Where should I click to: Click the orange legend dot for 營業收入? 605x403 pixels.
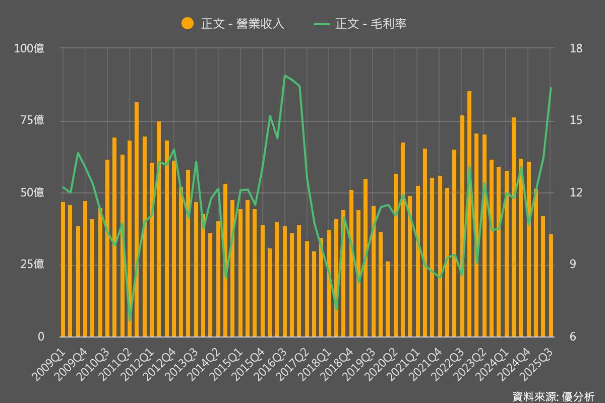pos(188,23)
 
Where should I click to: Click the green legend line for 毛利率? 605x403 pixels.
pos(322,23)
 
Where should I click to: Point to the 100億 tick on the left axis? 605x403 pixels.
pos(29,48)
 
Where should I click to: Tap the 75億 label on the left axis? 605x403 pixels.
pos(32,120)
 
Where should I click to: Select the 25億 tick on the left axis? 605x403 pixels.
pos(32,264)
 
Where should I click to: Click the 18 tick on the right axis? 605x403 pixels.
pos(576,48)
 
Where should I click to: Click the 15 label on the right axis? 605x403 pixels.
pos(576,120)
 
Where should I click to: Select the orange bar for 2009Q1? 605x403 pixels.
pos(63,270)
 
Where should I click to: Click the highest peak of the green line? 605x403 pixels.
pos(285,76)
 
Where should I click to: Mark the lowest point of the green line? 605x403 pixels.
pos(130,320)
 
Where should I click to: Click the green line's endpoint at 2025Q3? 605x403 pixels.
pos(551,88)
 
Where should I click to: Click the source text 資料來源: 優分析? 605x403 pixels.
pos(553,396)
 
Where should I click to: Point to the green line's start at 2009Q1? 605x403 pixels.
pos(63,187)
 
